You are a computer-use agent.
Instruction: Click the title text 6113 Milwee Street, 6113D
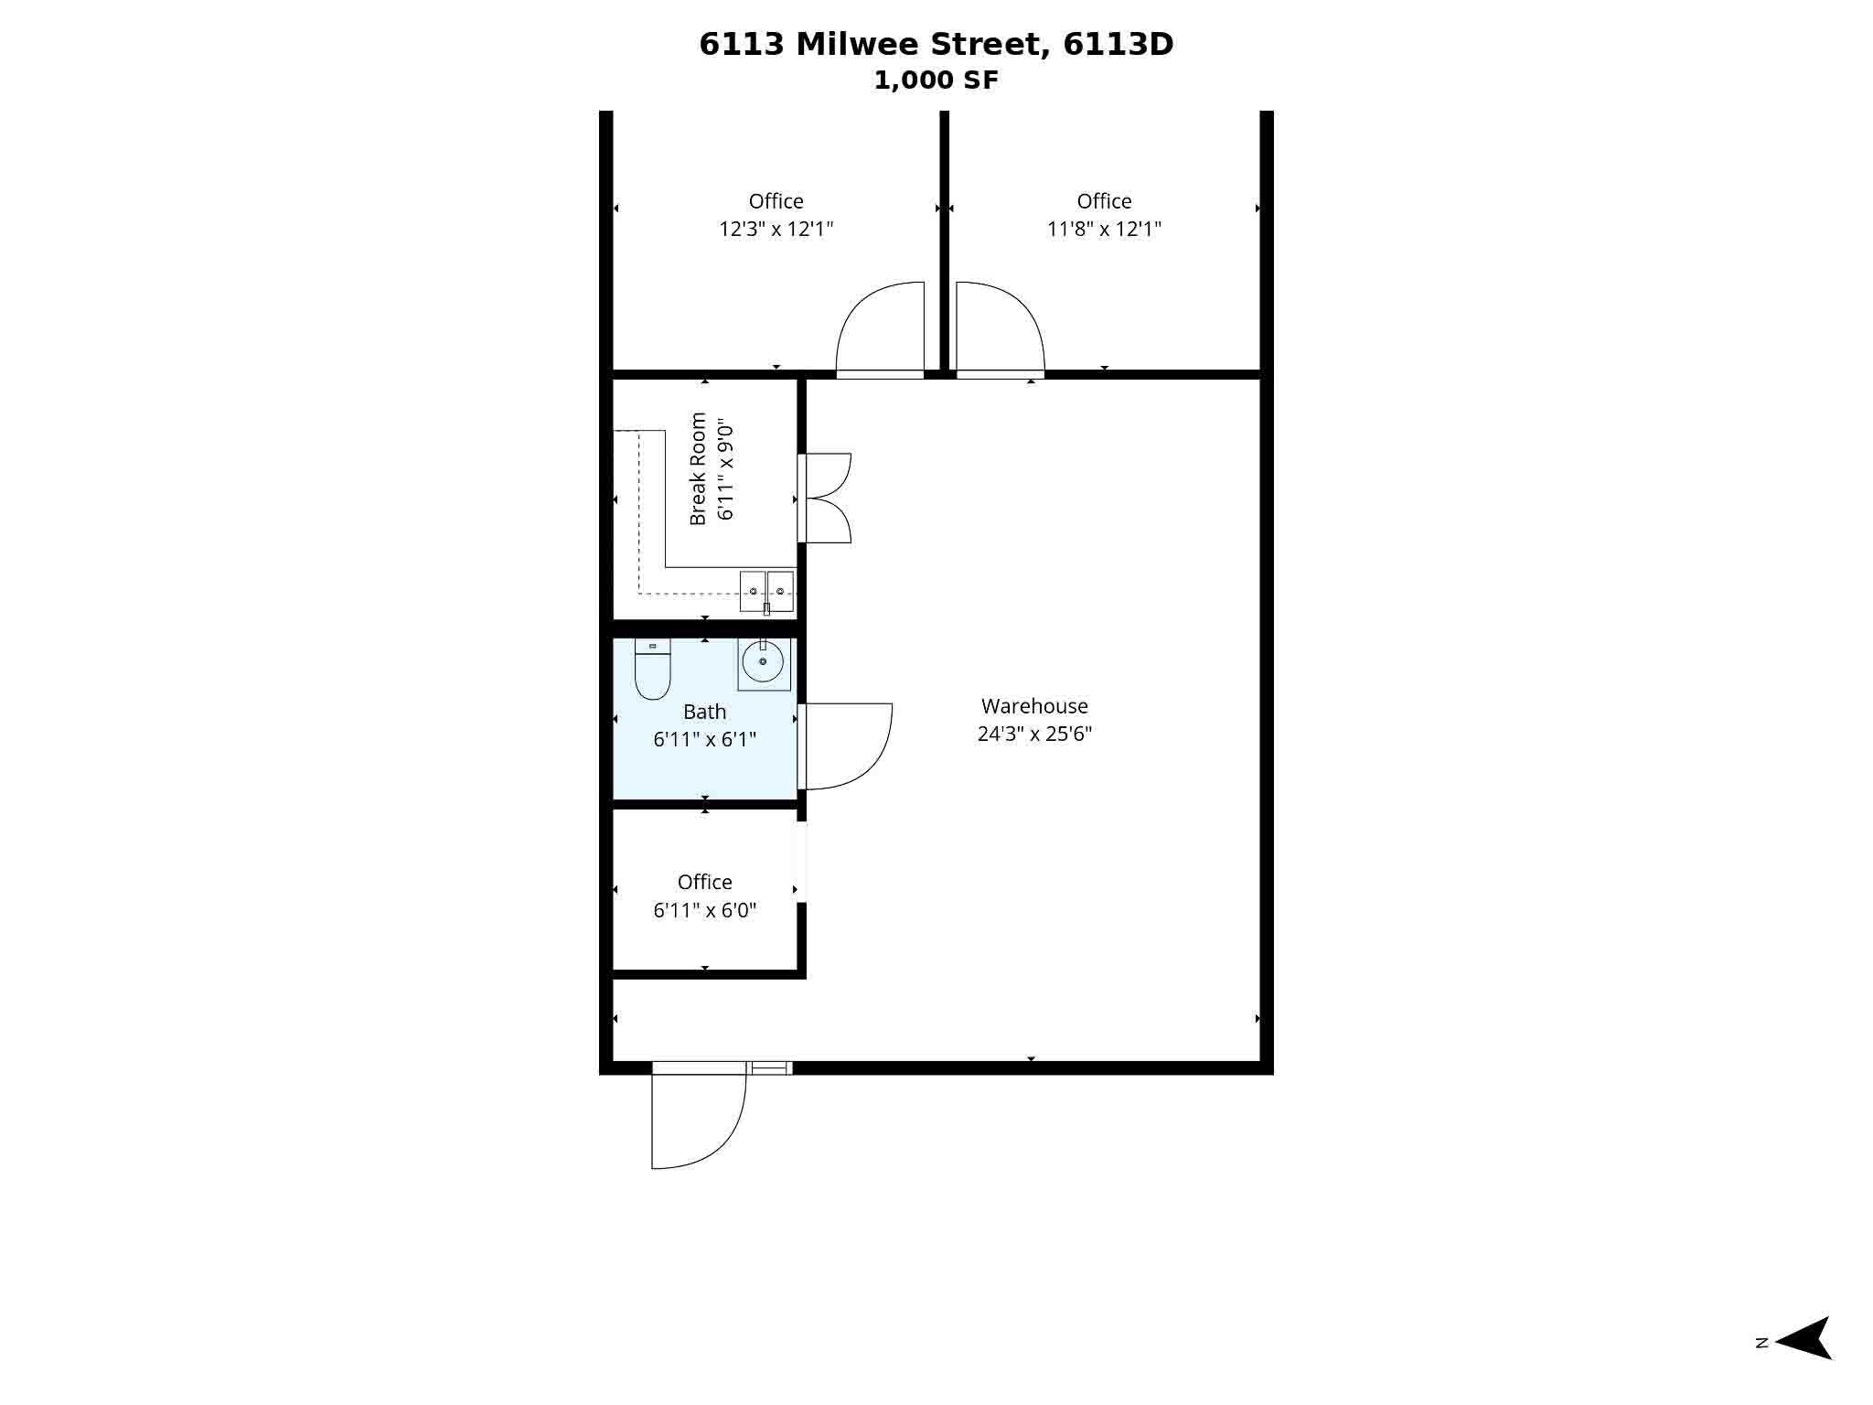[x=936, y=44]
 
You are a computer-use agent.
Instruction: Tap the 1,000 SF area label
[x=936, y=80]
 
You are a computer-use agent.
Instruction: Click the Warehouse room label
[x=1034, y=706]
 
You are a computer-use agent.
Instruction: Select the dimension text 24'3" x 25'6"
[x=1034, y=734]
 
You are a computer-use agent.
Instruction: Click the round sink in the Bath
[x=763, y=660]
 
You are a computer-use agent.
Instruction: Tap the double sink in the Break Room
[x=766, y=591]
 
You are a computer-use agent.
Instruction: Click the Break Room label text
[x=698, y=469]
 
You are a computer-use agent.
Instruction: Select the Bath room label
[x=704, y=712]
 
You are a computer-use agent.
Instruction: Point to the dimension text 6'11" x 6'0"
[x=704, y=910]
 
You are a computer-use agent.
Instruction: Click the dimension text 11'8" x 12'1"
[x=1104, y=229]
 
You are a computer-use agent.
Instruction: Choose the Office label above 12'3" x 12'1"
[x=776, y=201]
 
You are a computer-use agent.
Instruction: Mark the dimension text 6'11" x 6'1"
[x=704, y=739]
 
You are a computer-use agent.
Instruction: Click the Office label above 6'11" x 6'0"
[x=704, y=882]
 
